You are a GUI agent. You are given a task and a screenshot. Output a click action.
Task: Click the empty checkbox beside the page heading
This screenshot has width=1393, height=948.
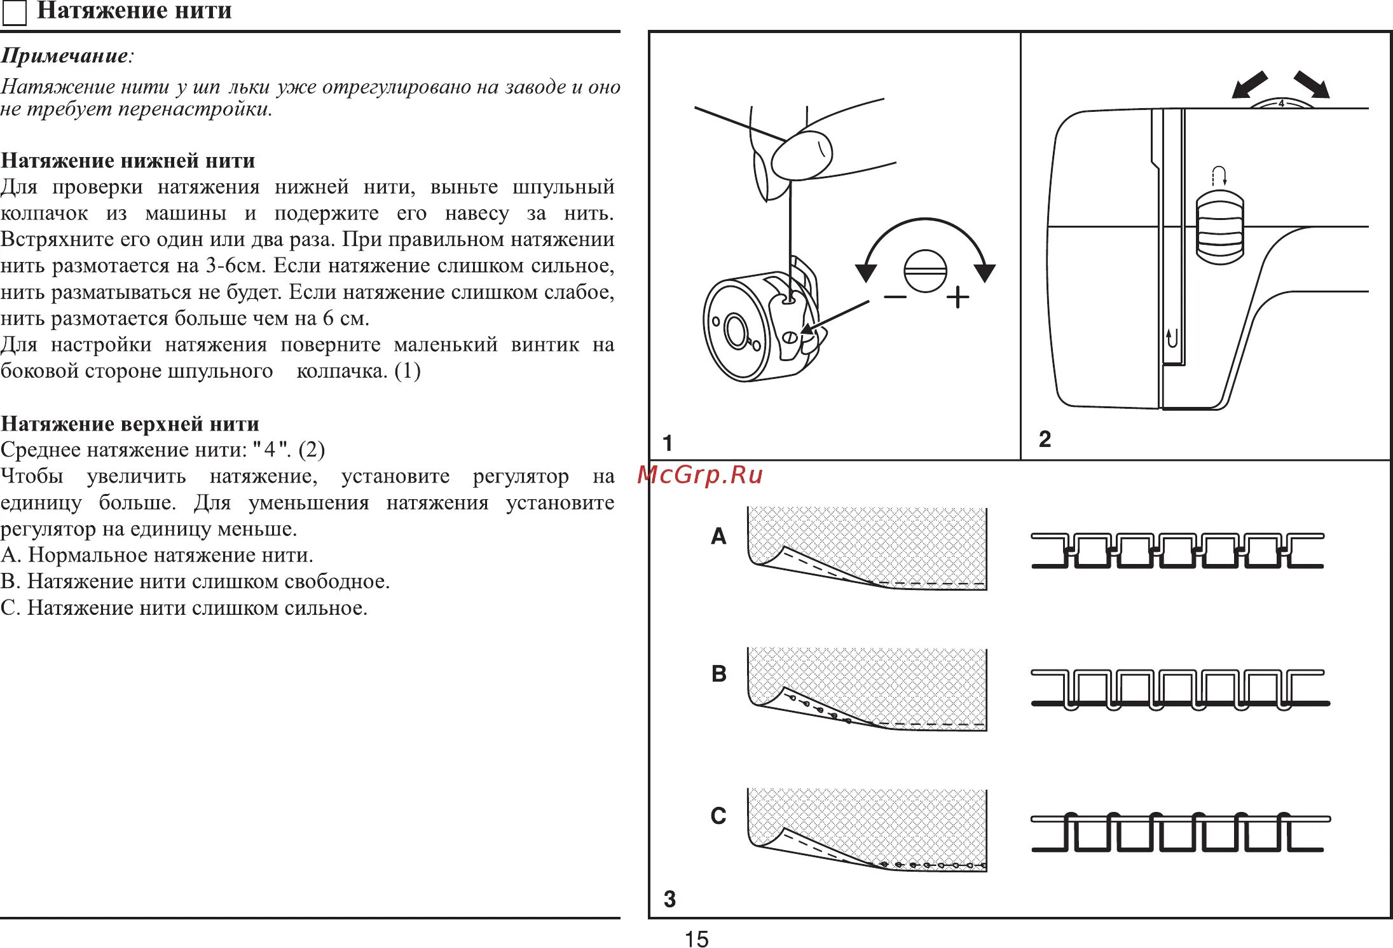15,13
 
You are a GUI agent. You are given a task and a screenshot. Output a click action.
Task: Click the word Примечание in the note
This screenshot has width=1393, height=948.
64,56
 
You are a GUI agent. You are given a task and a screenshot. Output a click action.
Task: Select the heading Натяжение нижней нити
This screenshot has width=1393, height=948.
128,160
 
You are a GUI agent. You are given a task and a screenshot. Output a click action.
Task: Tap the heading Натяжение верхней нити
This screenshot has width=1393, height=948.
130,423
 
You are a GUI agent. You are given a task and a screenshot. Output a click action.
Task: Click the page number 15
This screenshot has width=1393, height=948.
696,938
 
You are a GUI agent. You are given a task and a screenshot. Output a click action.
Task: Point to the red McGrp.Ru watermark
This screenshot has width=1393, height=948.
699,475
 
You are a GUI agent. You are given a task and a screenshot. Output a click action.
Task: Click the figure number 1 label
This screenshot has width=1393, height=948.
667,443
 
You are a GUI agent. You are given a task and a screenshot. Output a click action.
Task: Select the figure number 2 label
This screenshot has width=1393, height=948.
1045,439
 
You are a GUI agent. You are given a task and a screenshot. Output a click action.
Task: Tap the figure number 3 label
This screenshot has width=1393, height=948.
669,898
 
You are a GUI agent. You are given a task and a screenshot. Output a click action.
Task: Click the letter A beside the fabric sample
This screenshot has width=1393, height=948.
718,536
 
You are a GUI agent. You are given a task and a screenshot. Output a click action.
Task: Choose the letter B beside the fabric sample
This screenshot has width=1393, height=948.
718,673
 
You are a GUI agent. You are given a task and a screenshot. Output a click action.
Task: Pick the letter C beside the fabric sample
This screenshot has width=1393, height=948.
718,816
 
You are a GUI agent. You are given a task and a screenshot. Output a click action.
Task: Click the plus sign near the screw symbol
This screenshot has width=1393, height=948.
957,297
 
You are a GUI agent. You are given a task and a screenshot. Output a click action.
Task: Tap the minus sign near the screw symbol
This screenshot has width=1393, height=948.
895,297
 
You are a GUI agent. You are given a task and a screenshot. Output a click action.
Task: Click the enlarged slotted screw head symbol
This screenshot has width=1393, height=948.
925,271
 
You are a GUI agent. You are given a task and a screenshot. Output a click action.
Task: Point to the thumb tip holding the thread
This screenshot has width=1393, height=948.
801,155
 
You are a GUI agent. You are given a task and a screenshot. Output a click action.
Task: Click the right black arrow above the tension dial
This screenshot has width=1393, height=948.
1312,85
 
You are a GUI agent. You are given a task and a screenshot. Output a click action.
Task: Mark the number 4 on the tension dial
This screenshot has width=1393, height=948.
1281,103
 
